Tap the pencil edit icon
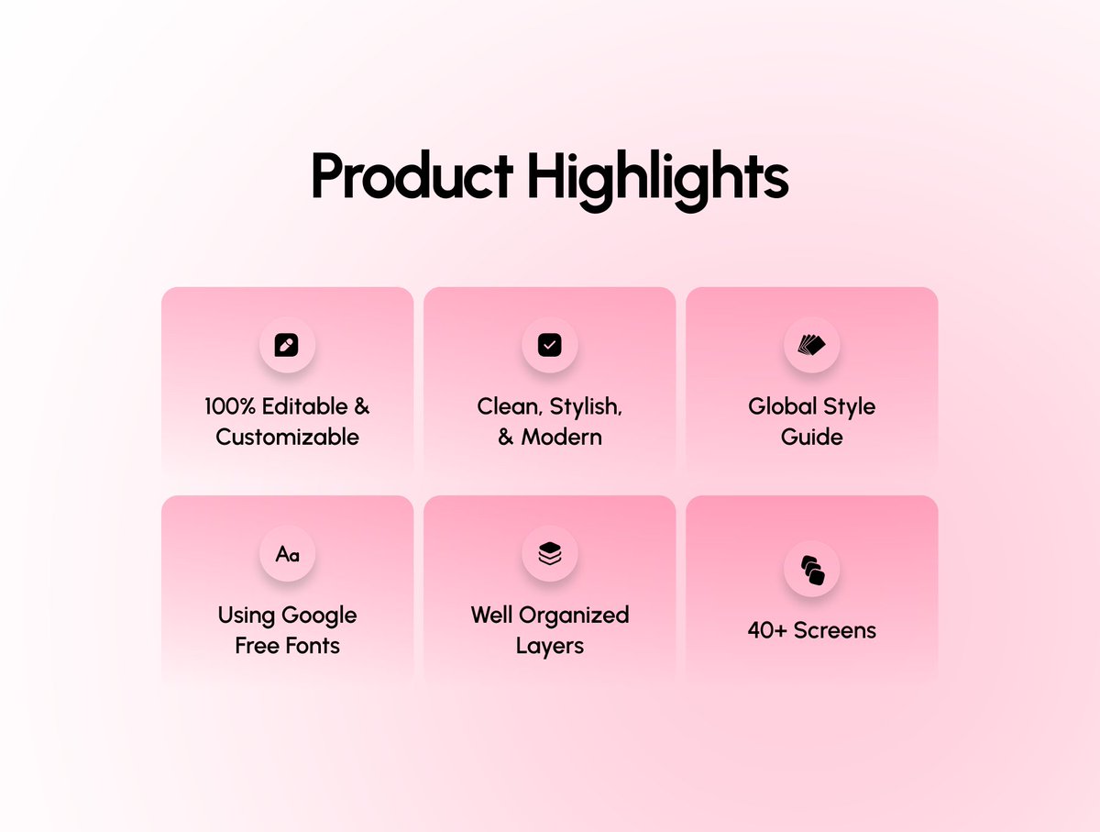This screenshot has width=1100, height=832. pos(287,345)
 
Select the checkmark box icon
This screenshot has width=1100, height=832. pos(549,345)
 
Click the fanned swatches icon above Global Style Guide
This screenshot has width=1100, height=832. pos(811,345)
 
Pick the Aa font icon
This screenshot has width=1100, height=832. pos(287,554)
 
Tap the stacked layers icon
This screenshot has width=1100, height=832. pos(549,553)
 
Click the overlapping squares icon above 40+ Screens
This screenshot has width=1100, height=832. pos(812,570)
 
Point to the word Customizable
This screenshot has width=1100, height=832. pos(287,437)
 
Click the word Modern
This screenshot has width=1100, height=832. pos(562,437)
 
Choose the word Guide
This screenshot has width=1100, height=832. pos(811,437)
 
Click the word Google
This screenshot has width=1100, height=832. pos(319,615)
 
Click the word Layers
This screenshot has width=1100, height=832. pos(549,645)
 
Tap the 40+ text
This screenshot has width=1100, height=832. pos(766,630)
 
